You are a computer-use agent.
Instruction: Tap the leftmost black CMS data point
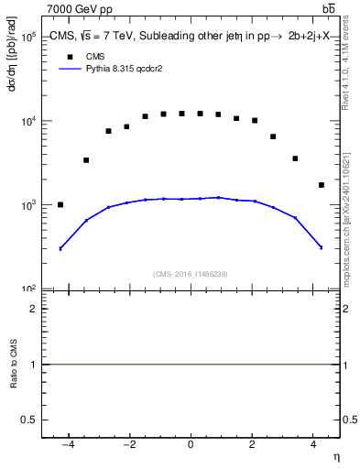60,204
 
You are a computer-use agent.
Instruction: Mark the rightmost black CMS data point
321,185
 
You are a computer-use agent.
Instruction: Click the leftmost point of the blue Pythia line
60,248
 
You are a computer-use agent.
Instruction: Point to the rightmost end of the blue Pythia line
321,247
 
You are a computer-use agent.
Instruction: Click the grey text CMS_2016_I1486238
191,274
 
